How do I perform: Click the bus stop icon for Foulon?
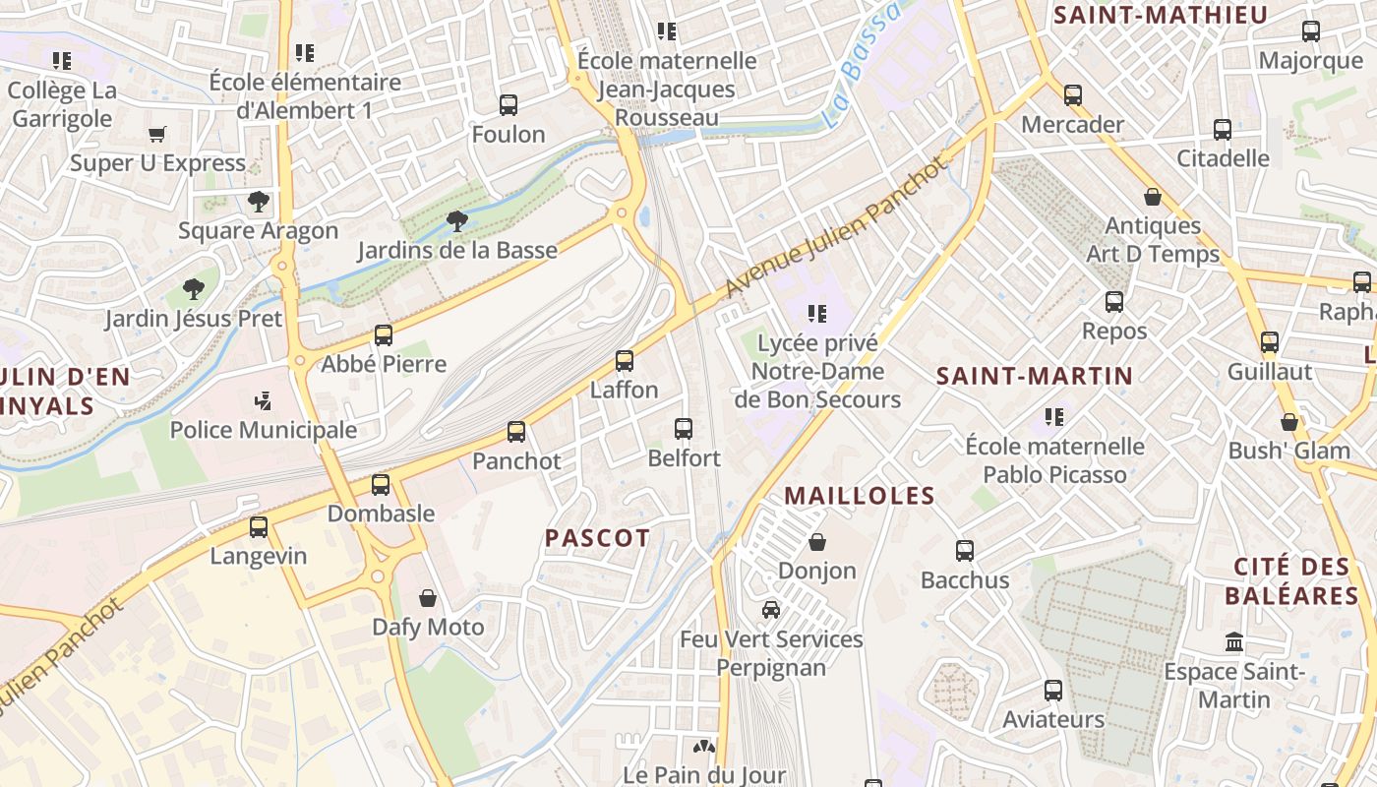tap(509, 105)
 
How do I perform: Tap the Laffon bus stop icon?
tap(625, 361)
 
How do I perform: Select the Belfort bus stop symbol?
tap(684, 429)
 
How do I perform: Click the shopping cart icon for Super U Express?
tap(157, 134)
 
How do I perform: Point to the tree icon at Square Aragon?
tap(259, 202)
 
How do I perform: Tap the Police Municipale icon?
tap(263, 400)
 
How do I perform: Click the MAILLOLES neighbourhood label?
tap(860, 496)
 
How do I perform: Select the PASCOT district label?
tap(597, 538)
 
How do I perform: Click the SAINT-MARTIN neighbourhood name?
tap(1035, 376)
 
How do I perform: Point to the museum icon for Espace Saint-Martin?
tap(1234, 643)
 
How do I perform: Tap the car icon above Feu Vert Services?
tap(771, 610)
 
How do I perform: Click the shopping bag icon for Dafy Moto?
tap(428, 598)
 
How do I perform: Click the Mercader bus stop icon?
tap(1073, 95)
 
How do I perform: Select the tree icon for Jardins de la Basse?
tap(456, 220)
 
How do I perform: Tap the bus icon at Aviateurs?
tap(1053, 691)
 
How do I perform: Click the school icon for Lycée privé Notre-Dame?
tap(816, 314)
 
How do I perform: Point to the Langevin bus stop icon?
tap(259, 527)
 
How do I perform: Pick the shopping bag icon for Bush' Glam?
tap(1289, 422)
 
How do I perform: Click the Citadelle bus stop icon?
tap(1223, 130)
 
